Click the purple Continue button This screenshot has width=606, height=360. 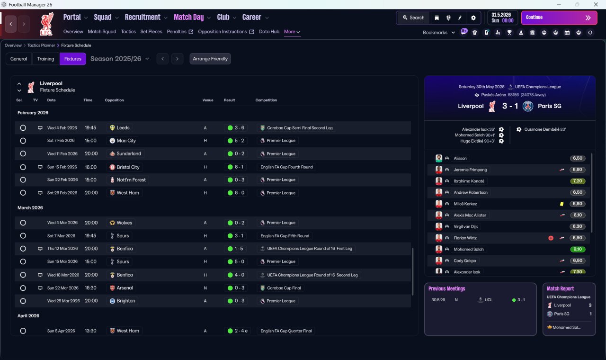point(559,18)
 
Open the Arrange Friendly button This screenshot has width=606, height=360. point(210,59)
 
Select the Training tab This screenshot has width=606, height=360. point(45,59)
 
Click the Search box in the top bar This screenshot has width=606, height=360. point(413,18)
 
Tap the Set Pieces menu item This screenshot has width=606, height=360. point(151,32)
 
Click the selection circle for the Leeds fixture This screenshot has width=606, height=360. point(23,128)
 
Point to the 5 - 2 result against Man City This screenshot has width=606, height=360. point(236,141)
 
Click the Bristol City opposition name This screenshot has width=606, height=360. point(128,167)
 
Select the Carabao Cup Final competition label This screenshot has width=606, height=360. point(284,288)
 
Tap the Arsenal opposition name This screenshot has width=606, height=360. point(125,288)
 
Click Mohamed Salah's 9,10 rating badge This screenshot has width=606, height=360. point(577,249)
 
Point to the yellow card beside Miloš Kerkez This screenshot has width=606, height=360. point(561,204)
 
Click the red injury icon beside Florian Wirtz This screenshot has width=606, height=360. point(551,238)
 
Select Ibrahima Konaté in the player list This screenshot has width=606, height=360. point(469,181)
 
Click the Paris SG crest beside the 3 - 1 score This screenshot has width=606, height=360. point(528,106)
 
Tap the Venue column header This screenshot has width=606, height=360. point(208,100)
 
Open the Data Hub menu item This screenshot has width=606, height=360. point(269,32)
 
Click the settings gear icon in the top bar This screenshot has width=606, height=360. point(473,18)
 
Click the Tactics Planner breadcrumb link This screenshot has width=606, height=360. point(41,45)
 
